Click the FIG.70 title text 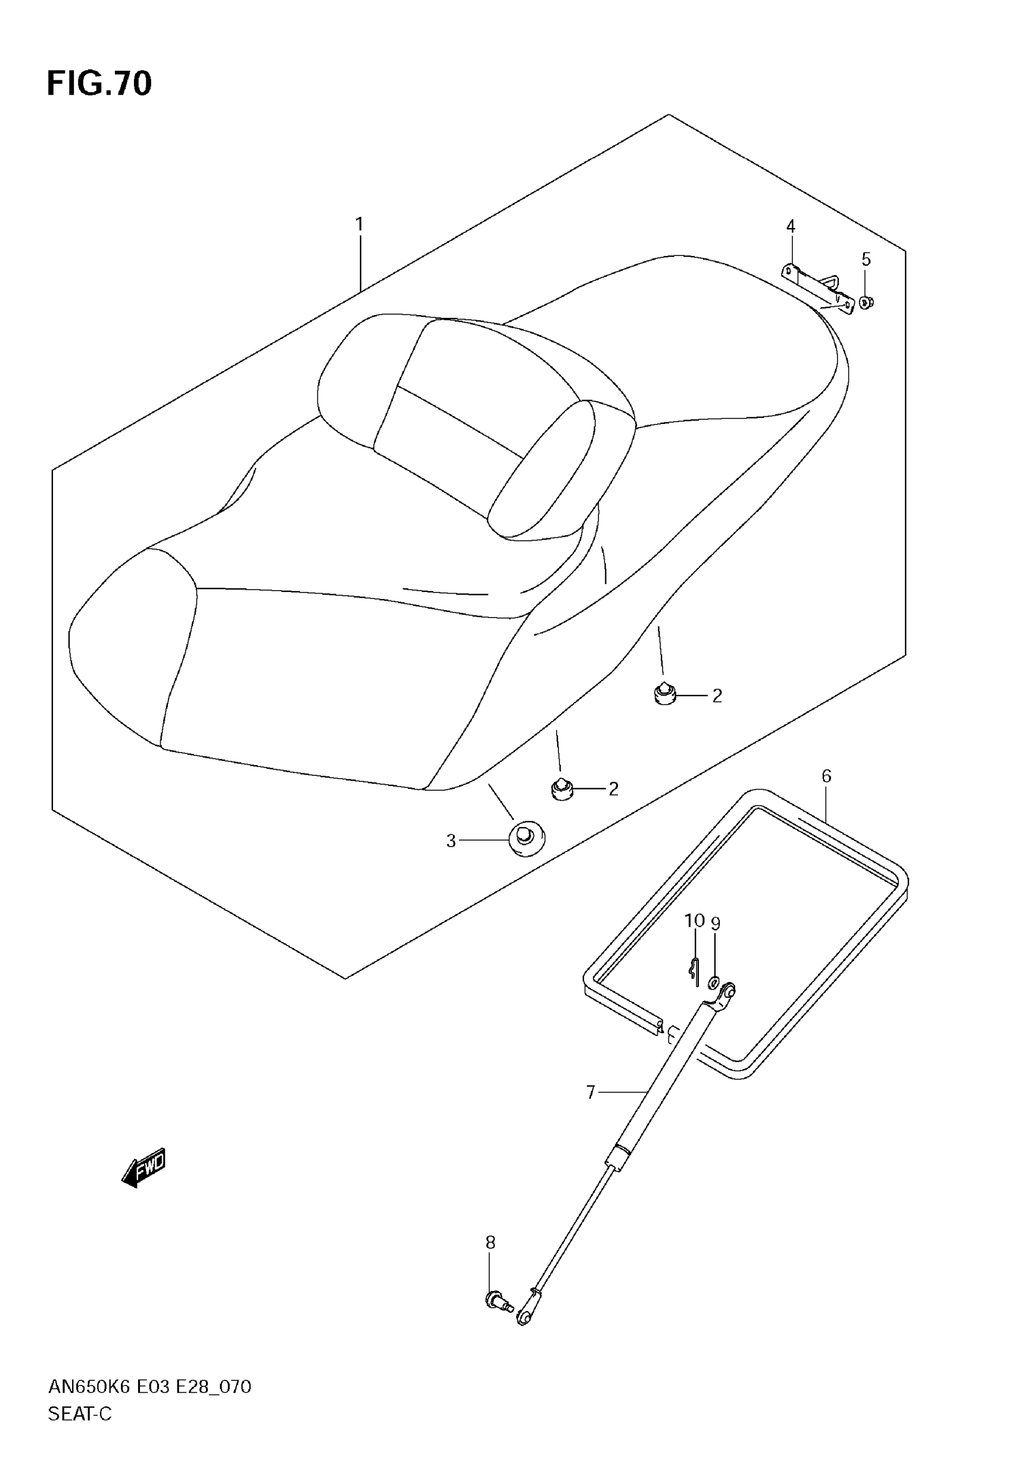(x=99, y=84)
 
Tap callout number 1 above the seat (x=359, y=224)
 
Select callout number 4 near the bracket (x=790, y=226)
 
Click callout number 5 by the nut (x=866, y=260)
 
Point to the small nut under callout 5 (x=866, y=303)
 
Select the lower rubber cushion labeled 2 (x=561, y=789)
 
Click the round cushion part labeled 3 (x=526, y=840)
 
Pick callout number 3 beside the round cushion (x=451, y=841)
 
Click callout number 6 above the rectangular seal (x=826, y=776)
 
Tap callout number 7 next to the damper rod (x=591, y=1092)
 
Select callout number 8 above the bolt (x=490, y=1243)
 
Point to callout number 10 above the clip (x=694, y=921)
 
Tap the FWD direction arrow (x=144, y=1166)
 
